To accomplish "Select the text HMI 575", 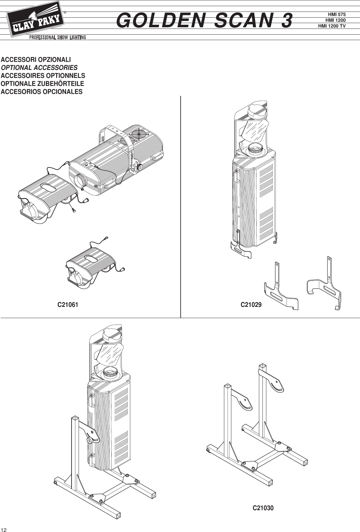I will [x=337, y=14].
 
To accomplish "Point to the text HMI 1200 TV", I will [x=332, y=26].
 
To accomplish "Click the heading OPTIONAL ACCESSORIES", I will [x=39, y=68].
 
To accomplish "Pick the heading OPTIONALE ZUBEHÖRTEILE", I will [x=42, y=84].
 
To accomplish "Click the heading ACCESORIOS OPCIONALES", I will [x=42, y=92].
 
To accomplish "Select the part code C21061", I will [x=68, y=305].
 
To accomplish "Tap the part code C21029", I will [x=251, y=305].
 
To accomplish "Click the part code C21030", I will [x=263, y=508].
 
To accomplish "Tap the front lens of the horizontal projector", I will [x=81, y=181].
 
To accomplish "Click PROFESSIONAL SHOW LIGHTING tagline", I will [x=58, y=38].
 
